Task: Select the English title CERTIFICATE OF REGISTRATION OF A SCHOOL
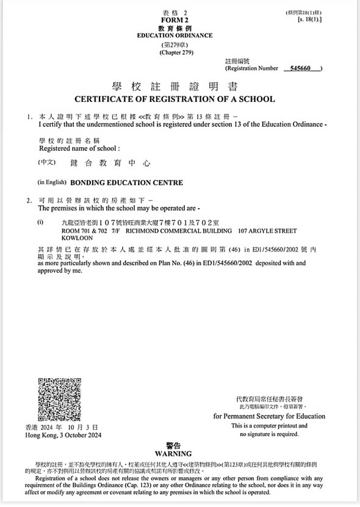pos(175,99)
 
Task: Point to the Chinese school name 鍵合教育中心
pos(110,164)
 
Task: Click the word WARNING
pos(174,453)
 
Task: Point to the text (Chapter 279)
pos(175,53)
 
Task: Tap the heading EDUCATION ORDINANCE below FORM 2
pos(175,36)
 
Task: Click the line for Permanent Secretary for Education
pos(269,416)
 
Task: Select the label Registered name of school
pos(79,148)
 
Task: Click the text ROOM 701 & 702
pos(85,231)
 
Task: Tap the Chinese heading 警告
pos(174,445)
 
